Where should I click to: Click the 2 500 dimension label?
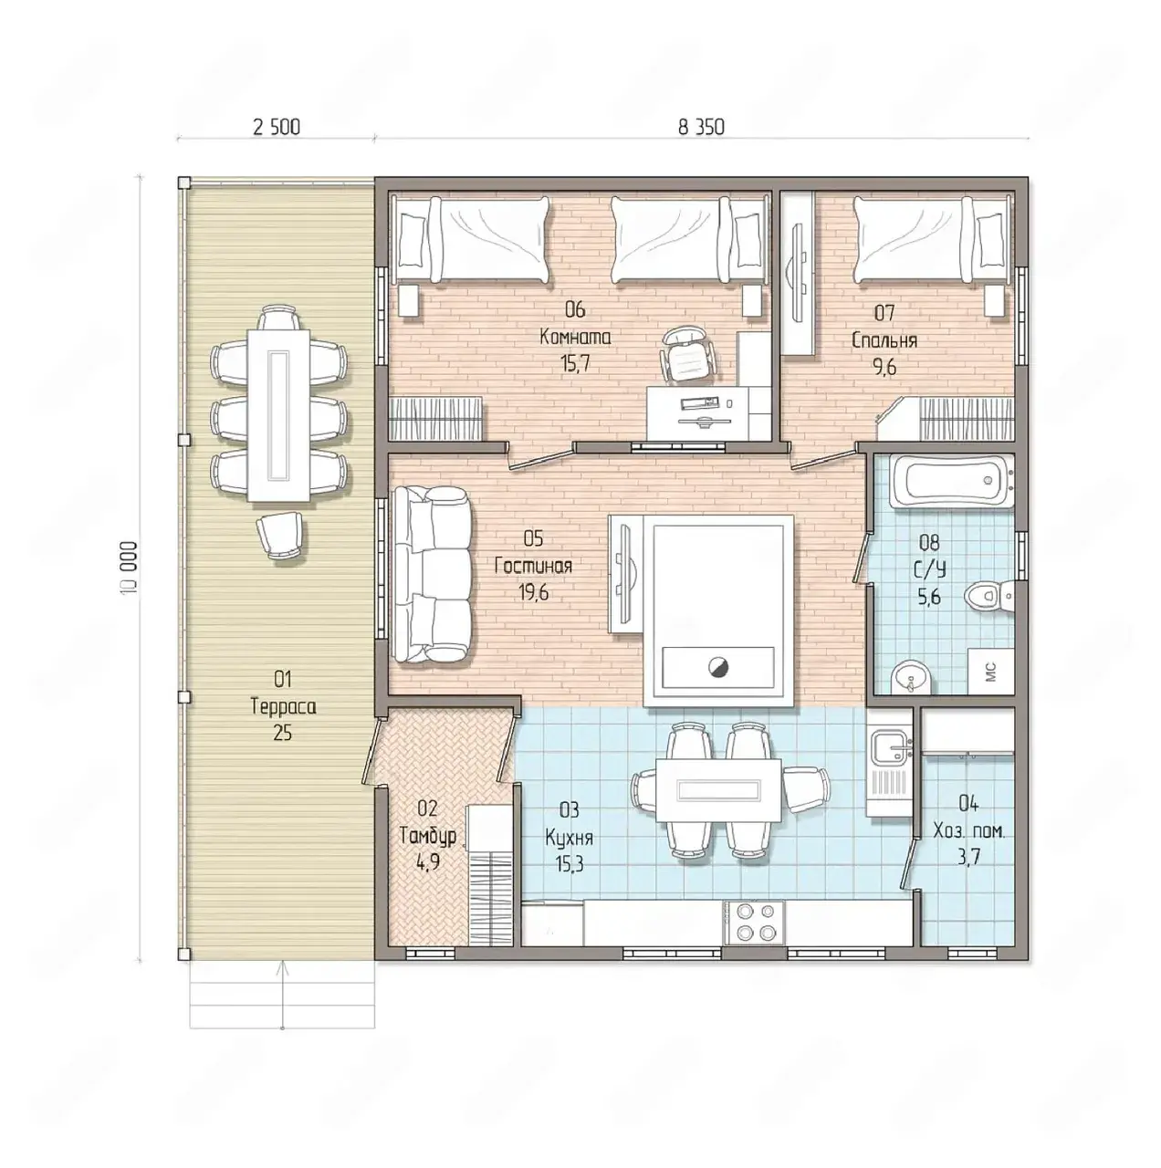(x=276, y=127)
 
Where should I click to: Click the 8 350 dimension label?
(x=701, y=127)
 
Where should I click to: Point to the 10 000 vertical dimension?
(x=131, y=568)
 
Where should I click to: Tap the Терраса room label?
(x=283, y=707)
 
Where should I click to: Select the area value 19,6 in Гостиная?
(x=534, y=592)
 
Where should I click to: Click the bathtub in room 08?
(x=951, y=481)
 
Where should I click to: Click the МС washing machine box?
(x=990, y=672)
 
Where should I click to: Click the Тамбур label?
(x=428, y=836)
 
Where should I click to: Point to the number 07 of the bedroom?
(x=884, y=313)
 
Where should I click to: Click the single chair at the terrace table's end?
(x=279, y=534)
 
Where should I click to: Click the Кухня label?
(x=569, y=839)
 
